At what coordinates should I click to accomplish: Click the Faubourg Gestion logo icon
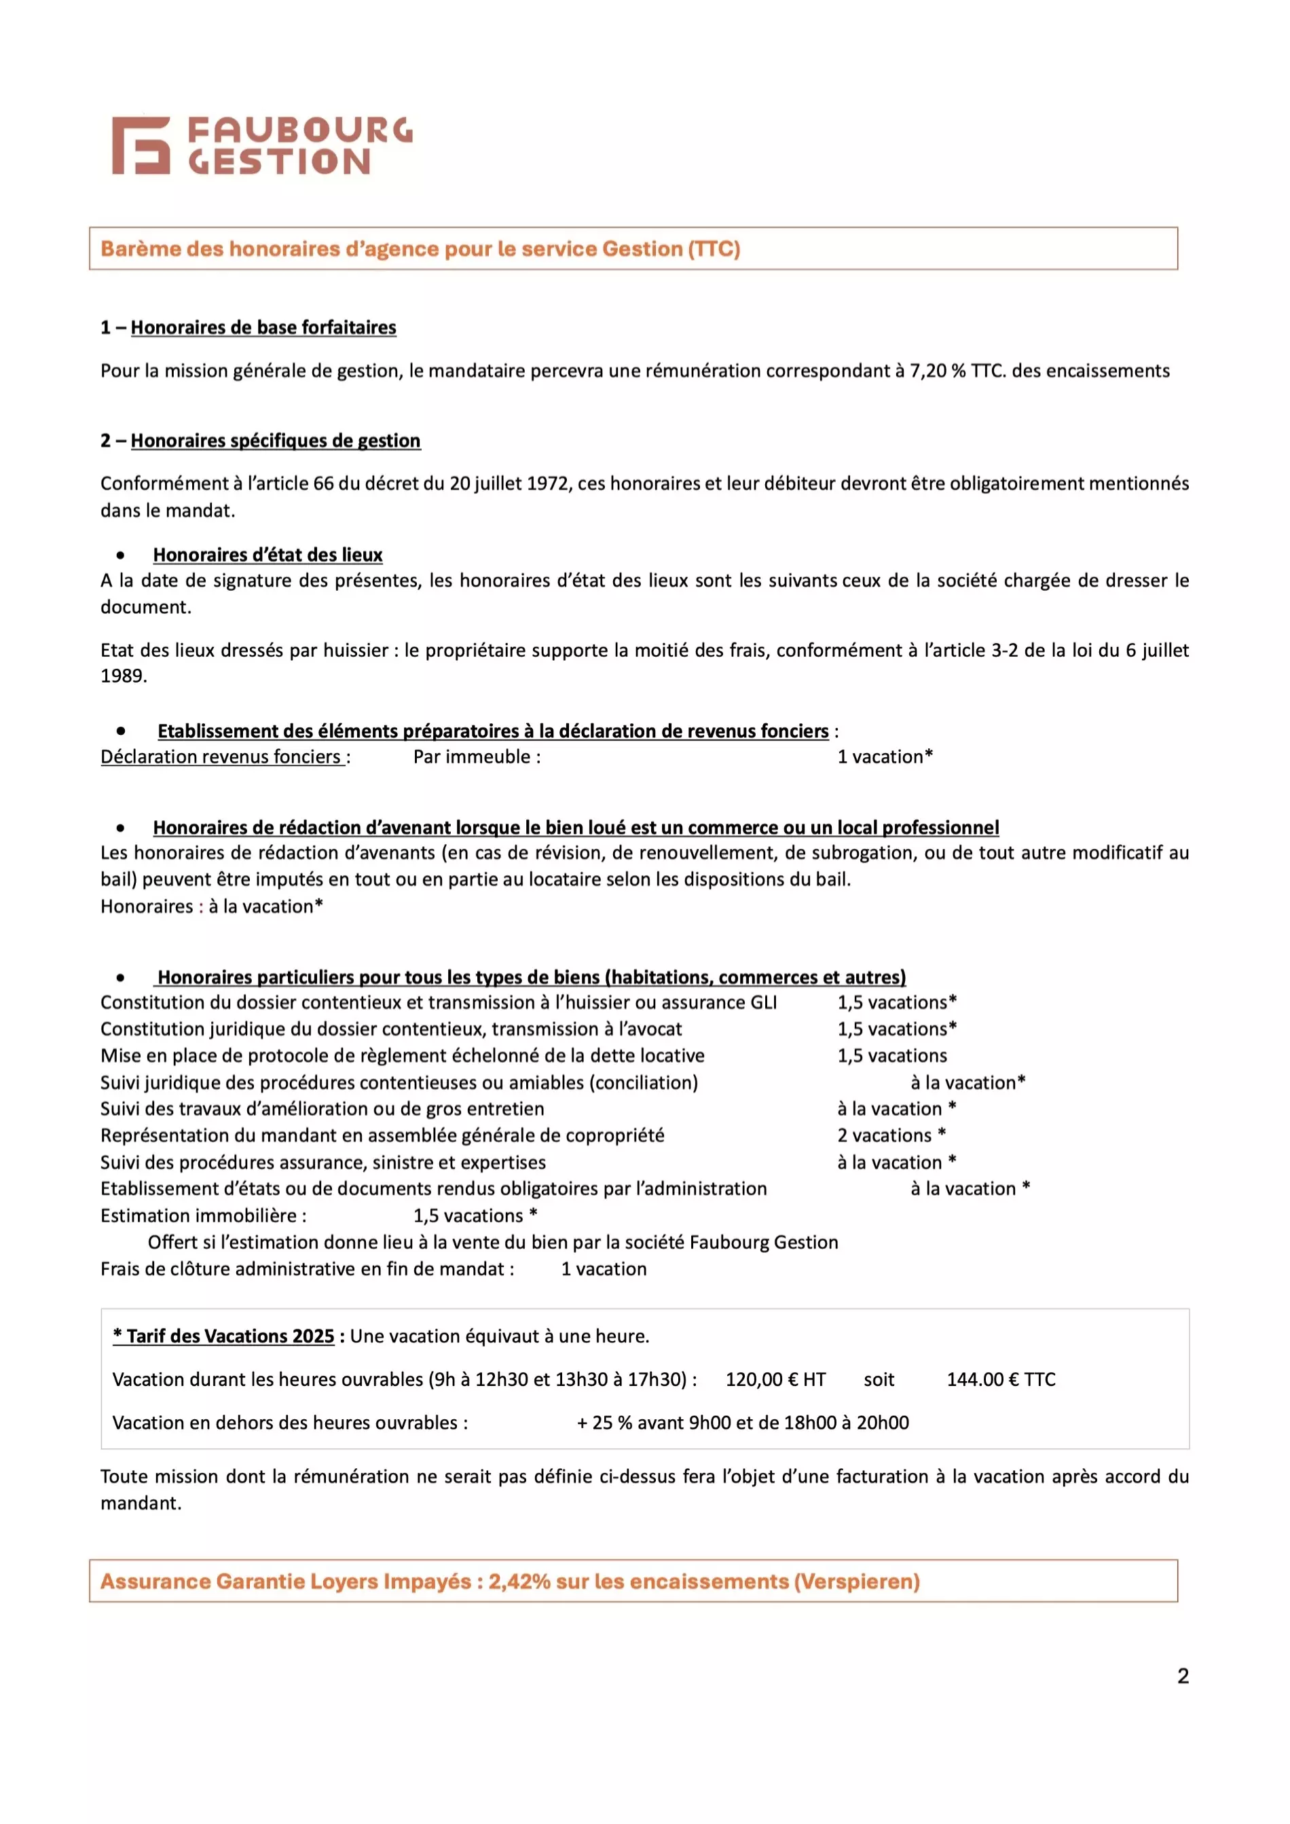[141, 145]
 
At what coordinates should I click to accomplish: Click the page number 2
[1183, 1675]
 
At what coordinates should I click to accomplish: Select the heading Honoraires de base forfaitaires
[263, 327]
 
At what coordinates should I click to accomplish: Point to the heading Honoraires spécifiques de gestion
[275, 441]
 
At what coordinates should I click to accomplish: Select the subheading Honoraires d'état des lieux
[268, 555]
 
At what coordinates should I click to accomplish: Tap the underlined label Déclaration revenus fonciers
[221, 757]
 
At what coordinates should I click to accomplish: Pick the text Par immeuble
[476, 757]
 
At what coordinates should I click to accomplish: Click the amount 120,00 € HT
[775, 1379]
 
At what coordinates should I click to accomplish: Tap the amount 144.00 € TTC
[1001, 1379]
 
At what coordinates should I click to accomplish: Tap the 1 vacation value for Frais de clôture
[604, 1269]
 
